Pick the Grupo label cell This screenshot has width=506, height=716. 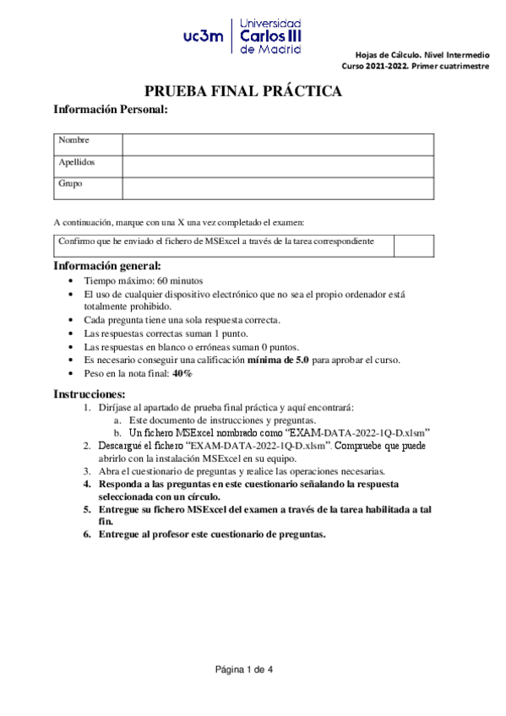(88, 183)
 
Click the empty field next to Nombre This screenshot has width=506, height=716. (278, 144)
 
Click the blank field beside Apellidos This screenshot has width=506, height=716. (278, 165)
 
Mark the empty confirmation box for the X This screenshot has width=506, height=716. (414, 245)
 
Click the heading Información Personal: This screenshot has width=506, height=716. (110, 110)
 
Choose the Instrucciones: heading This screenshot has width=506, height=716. (90, 393)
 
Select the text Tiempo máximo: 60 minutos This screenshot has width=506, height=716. (143, 280)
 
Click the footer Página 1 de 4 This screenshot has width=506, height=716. (244, 670)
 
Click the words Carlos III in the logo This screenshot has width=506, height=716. (271, 35)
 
